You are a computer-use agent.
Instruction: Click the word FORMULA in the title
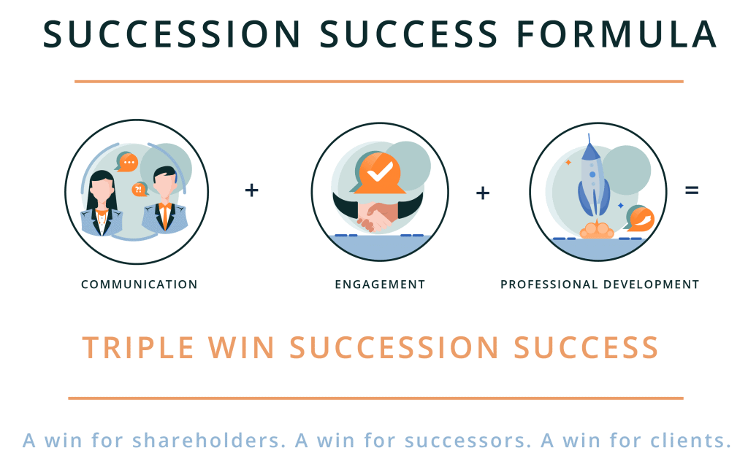(617, 34)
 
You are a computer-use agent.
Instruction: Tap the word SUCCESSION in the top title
(172, 34)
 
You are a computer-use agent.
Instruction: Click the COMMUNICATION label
(140, 285)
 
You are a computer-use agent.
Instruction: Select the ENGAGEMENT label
(380, 285)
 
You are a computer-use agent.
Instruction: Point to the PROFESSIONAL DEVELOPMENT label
(600, 285)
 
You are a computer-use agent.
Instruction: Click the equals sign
(692, 190)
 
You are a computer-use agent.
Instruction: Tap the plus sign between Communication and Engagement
(251, 190)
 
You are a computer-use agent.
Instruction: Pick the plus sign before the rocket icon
(483, 193)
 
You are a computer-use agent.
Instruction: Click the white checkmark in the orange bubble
(380, 171)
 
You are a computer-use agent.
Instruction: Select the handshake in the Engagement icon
(378, 216)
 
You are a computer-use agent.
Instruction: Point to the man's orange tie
(165, 215)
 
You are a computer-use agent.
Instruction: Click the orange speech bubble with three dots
(127, 163)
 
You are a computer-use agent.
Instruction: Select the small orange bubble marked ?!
(140, 189)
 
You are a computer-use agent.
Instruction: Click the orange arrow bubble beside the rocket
(640, 219)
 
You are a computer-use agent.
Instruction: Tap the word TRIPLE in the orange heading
(138, 347)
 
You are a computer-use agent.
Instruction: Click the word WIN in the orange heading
(241, 347)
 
